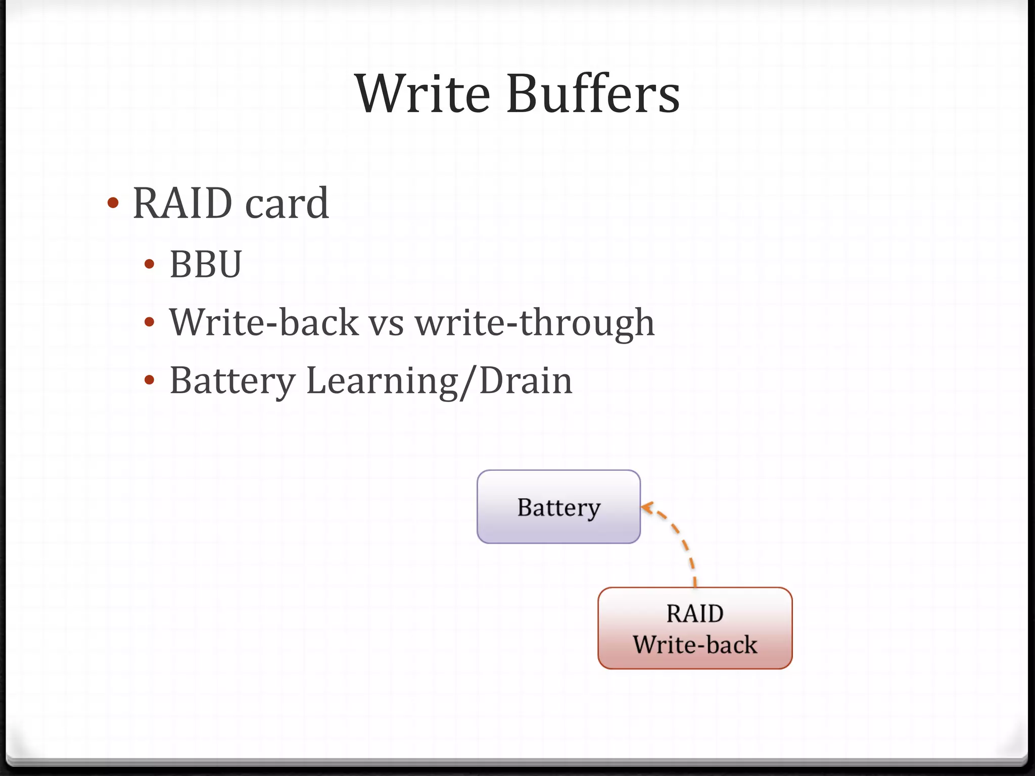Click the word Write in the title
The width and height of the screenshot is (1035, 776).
point(422,94)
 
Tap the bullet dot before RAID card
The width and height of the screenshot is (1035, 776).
point(113,203)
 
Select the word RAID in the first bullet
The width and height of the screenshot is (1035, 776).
point(182,203)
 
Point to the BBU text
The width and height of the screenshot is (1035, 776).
point(206,264)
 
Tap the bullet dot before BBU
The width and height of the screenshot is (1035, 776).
point(149,264)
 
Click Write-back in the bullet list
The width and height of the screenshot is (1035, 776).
point(264,322)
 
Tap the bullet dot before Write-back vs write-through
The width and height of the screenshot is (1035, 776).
point(149,322)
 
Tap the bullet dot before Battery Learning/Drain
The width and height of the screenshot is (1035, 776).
point(149,380)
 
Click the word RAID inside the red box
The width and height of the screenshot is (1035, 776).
point(695,614)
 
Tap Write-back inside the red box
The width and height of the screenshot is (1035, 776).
point(695,645)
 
